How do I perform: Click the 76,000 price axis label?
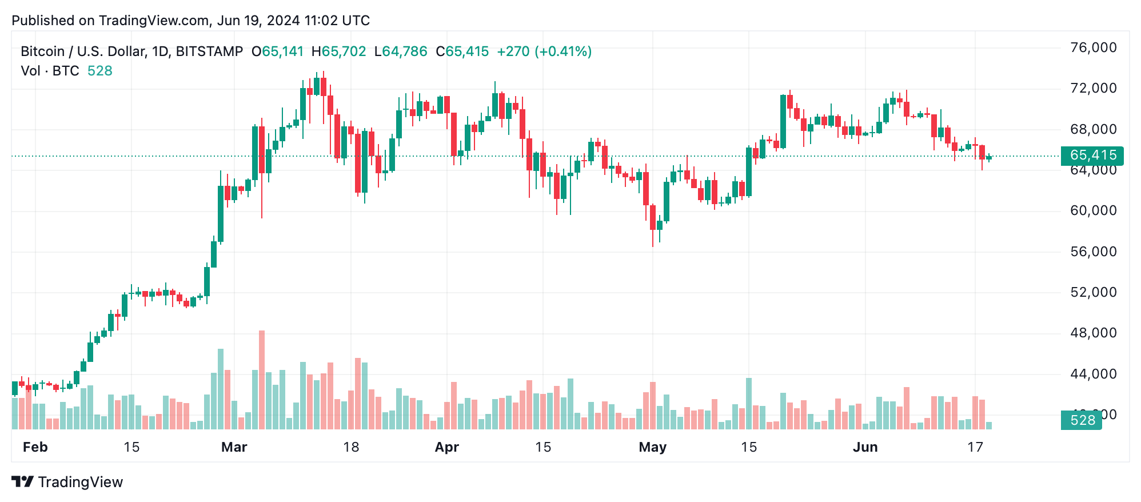pyautogui.click(x=1093, y=47)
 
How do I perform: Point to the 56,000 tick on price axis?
pyautogui.click(x=1093, y=252)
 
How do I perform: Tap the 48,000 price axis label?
pyautogui.click(x=1093, y=333)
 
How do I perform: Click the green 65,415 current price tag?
pyautogui.click(x=1092, y=155)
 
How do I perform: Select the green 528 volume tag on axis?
pyautogui.click(x=1082, y=420)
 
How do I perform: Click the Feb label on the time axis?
pyautogui.click(x=35, y=447)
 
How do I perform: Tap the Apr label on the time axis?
pyautogui.click(x=446, y=447)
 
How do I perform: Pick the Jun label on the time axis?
pyautogui.click(x=865, y=447)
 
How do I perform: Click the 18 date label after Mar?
pyautogui.click(x=351, y=447)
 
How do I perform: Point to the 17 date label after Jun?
pyautogui.click(x=975, y=447)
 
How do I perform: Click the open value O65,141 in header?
pyautogui.click(x=278, y=51)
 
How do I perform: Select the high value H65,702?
pyautogui.click(x=338, y=51)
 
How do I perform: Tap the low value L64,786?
pyautogui.click(x=401, y=51)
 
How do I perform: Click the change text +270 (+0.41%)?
pyautogui.click(x=544, y=51)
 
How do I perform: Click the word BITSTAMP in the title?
pyautogui.click(x=209, y=51)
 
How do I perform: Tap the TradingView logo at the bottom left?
pyautogui.click(x=67, y=482)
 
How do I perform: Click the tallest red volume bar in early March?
pyautogui.click(x=262, y=380)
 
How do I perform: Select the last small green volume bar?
pyautogui.click(x=988, y=425)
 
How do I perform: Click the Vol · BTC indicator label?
pyautogui.click(x=50, y=71)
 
